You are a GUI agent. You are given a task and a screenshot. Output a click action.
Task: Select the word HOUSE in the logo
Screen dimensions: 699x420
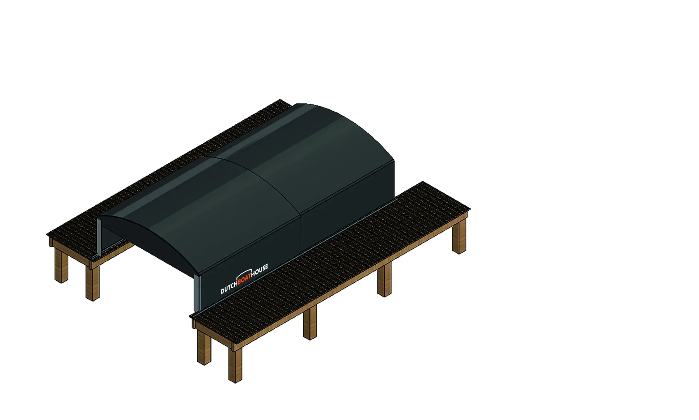click(261, 271)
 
